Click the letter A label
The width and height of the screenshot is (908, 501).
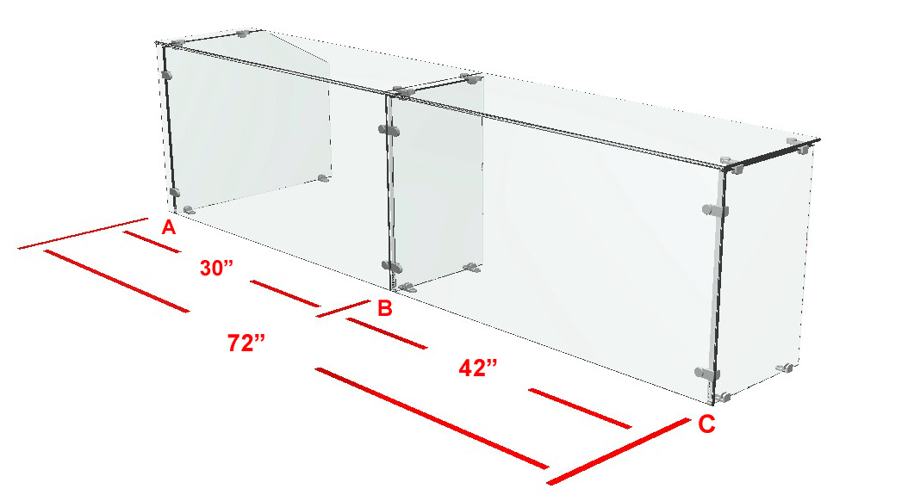pyautogui.click(x=169, y=227)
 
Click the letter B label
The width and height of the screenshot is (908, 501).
pyautogui.click(x=385, y=308)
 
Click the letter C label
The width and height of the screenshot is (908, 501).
pyautogui.click(x=706, y=424)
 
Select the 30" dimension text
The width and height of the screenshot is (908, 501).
pyautogui.click(x=216, y=268)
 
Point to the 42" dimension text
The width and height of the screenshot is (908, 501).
pyautogui.click(x=478, y=368)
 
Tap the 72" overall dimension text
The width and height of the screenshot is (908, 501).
pyautogui.click(x=246, y=343)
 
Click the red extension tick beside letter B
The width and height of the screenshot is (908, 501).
pyautogui.click(x=343, y=308)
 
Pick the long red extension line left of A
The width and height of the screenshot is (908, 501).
pyautogui.click(x=83, y=234)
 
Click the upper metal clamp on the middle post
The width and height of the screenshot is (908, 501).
pyautogui.click(x=389, y=130)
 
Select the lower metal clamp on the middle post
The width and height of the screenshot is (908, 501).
pyautogui.click(x=392, y=266)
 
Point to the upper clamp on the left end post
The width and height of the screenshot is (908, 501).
pyautogui.click(x=167, y=75)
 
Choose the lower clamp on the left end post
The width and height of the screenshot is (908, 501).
pyautogui.click(x=174, y=192)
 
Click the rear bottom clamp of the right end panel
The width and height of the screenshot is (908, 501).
pyautogui.click(x=785, y=368)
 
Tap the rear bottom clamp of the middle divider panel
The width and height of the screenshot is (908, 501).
pyautogui.click(x=473, y=267)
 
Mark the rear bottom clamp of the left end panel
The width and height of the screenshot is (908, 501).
pyautogui.click(x=324, y=178)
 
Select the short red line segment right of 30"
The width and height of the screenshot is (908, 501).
pyautogui.click(x=285, y=294)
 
